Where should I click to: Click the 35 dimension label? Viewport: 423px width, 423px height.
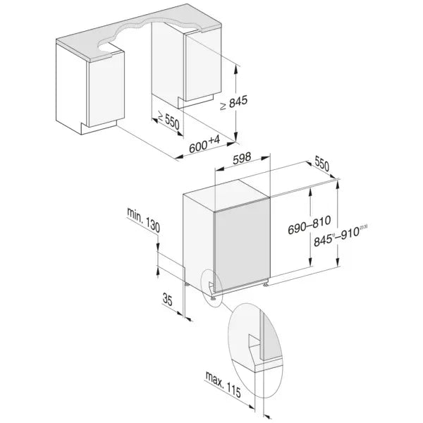coord(166,300)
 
